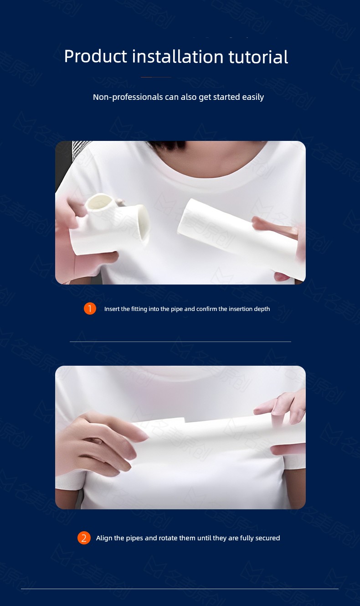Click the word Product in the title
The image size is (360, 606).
coord(95,57)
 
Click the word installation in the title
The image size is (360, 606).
coord(178,57)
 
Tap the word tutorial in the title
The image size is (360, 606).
coord(258,57)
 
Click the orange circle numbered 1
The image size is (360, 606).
coord(90,308)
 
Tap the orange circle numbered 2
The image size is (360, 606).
coord(84,538)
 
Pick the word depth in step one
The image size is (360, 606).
coord(262,309)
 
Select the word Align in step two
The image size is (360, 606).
coord(104,538)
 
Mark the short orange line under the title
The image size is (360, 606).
coord(156,77)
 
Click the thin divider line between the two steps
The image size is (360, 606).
coord(180,342)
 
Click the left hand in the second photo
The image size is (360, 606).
coord(100,444)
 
